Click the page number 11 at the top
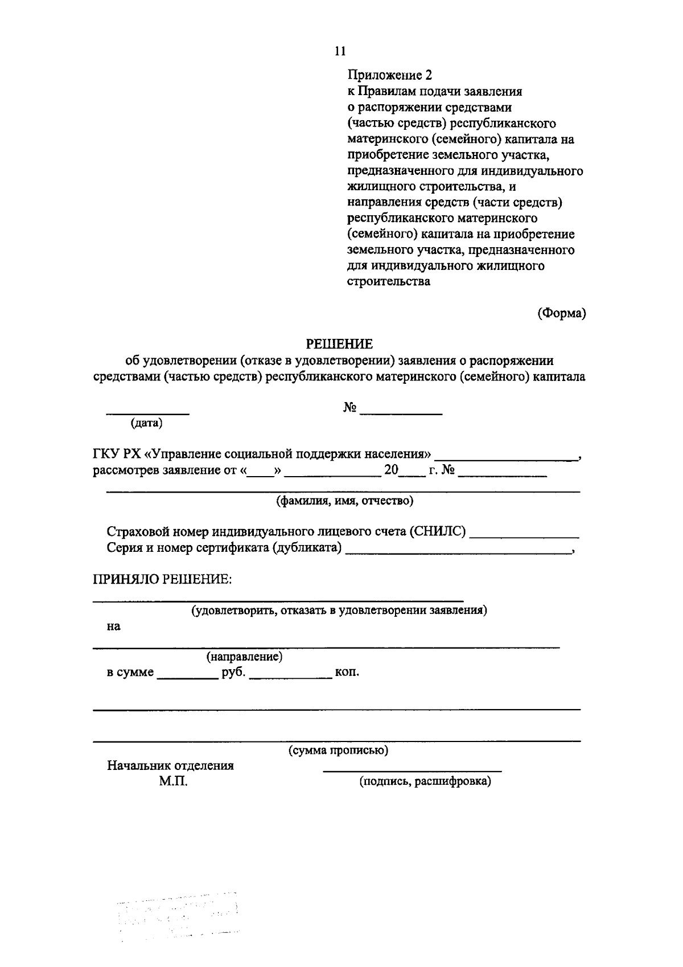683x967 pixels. point(340,51)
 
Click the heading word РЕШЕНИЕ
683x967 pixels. point(340,344)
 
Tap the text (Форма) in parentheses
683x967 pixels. point(562,313)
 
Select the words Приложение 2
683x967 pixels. point(390,75)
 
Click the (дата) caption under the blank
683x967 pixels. point(146,423)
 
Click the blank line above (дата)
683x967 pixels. point(149,412)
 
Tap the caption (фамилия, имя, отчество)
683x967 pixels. point(344,501)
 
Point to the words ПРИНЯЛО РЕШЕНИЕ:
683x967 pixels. point(162,579)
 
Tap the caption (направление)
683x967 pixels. point(244,656)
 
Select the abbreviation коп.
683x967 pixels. point(347,672)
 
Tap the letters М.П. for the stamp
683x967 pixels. point(173,782)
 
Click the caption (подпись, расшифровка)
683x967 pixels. point(425,781)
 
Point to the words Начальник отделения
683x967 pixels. point(170,765)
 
